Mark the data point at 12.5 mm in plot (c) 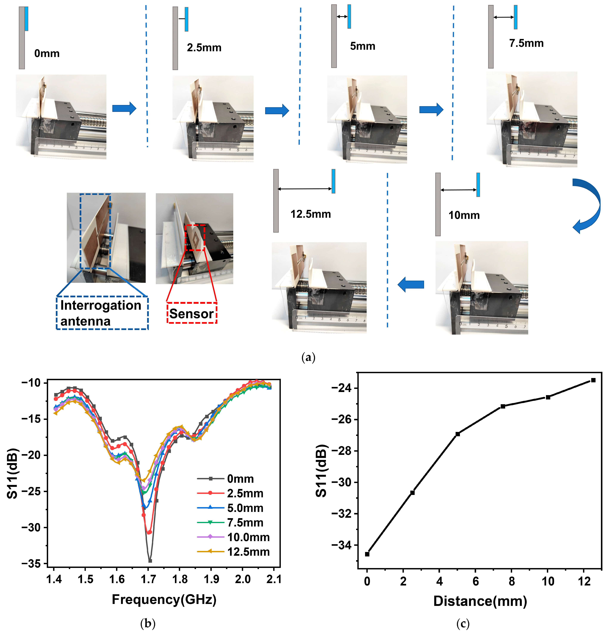(x=593, y=380)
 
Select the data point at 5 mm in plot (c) (x=457, y=434)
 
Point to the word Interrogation (x=101, y=305)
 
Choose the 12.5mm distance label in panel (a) (x=311, y=214)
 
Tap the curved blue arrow (x=587, y=205)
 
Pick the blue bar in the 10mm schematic (x=478, y=185)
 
